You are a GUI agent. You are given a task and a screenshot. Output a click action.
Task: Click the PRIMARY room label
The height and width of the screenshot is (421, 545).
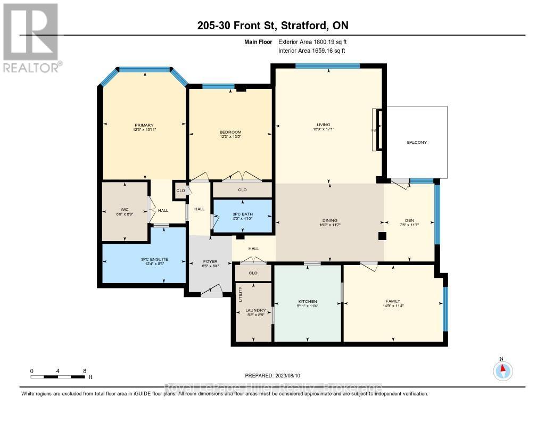coord(144,126)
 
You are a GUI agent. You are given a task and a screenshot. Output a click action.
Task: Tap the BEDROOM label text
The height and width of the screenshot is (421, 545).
coord(230,132)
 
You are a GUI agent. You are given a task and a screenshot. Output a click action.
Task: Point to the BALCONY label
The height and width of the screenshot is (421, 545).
coord(417,142)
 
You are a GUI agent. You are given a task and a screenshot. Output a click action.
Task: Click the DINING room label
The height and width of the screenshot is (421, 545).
coord(329,220)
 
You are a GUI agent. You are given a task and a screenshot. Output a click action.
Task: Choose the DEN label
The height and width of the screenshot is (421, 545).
coord(409,220)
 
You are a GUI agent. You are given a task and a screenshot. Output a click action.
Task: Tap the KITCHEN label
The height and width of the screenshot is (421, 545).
coord(307,301)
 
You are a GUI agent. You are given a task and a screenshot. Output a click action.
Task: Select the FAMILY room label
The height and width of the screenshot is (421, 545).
coord(393,301)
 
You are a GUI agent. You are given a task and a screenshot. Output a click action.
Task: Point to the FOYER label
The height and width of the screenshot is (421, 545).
coord(210,261)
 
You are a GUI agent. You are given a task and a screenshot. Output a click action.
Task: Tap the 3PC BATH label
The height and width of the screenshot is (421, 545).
coord(243,213)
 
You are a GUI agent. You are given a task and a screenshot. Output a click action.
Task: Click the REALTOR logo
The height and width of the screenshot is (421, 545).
coord(31,37)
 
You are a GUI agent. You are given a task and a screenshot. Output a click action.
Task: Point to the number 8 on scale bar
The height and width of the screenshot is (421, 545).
coord(84,371)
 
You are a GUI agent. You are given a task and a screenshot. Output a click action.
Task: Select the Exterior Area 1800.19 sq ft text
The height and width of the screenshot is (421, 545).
coord(312,42)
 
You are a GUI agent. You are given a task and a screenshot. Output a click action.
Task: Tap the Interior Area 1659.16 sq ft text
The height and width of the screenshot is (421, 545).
coord(312,51)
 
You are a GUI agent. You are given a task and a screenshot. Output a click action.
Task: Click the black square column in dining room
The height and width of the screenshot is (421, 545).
coord(381,236)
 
